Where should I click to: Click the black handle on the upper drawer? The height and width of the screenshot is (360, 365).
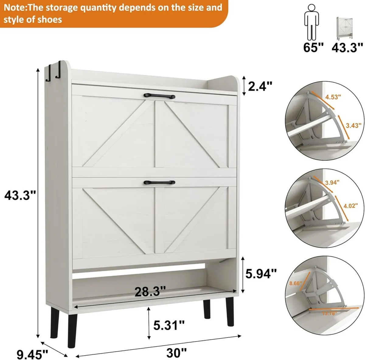[160, 97]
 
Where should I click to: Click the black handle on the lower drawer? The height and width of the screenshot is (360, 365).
[160, 182]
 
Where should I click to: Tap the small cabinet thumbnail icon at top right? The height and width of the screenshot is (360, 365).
[345, 28]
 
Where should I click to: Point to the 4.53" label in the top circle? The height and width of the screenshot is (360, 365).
[333, 97]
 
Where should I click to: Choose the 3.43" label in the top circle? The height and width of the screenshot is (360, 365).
[353, 125]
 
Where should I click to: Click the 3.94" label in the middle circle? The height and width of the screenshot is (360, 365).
[332, 182]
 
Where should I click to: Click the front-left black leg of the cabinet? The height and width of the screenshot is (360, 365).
[72, 332]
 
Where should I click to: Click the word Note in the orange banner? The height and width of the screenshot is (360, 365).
[14, 7]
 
